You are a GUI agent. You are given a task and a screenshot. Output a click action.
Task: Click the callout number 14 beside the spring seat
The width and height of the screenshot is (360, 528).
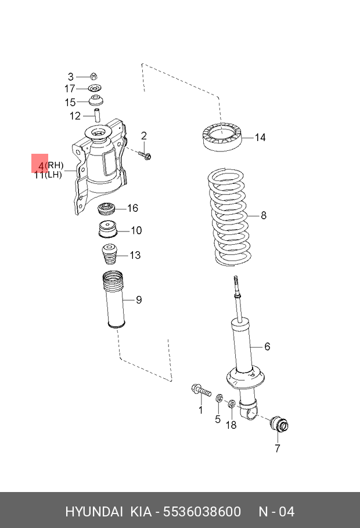pos(260,138)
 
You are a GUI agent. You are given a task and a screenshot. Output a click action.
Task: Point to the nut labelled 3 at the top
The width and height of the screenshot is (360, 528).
pos(95,76)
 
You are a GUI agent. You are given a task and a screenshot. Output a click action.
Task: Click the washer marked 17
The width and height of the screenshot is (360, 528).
pos(95,88)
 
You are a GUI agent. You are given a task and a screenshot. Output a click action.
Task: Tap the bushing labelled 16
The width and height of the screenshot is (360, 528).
pos(106,208)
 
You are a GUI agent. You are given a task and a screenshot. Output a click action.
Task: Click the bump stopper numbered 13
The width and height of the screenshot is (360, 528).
pos(109,255)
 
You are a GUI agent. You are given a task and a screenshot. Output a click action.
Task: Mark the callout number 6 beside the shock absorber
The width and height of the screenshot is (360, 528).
pos(267,346)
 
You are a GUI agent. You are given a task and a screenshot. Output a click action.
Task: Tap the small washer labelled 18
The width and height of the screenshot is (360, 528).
pos(231,404)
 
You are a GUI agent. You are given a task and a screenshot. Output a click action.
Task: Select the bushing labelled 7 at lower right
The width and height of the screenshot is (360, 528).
pos(279,425)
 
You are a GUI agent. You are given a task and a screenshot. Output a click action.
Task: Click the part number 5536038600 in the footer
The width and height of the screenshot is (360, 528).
pos(201,512)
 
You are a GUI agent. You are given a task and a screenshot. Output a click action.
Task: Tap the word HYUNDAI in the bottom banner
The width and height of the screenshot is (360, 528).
pos(93,512)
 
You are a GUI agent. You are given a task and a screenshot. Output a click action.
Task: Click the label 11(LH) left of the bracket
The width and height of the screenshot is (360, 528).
pos(48,175)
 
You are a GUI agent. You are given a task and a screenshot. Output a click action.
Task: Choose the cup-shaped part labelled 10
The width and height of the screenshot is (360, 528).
pos(106,230)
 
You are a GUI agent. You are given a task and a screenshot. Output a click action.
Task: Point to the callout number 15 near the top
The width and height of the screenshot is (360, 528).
pos(70,102)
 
